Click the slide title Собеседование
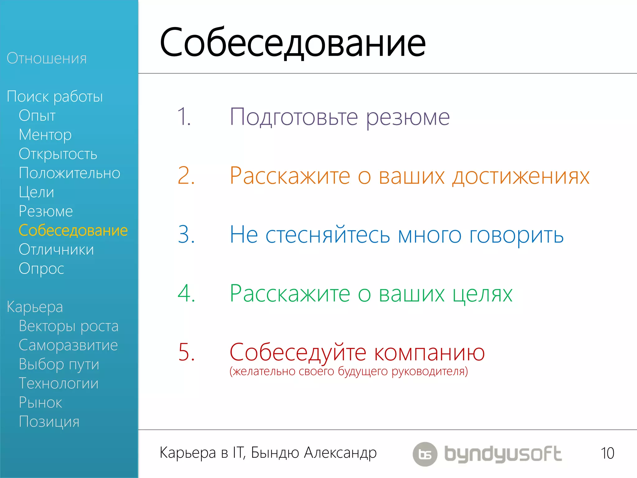click(292, 43)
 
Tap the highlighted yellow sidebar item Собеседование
click(73, 231)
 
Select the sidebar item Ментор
click(45, 135)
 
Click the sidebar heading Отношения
click(47, 59)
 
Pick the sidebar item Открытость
click(58, 154)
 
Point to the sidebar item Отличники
click(56, 250)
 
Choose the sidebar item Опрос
click(41, 269)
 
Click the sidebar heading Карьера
click(35, 307)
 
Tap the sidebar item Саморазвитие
click(68, 345)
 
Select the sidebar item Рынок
click(40, 403)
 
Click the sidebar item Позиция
click(49, 422)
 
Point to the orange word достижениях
click(521, 176)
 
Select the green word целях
click(482, 294)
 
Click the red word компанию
click(430, 353)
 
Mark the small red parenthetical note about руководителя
click(349, 372)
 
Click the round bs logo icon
click(425, 454)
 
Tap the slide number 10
click(607, 453)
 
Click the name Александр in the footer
click(340, 453)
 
